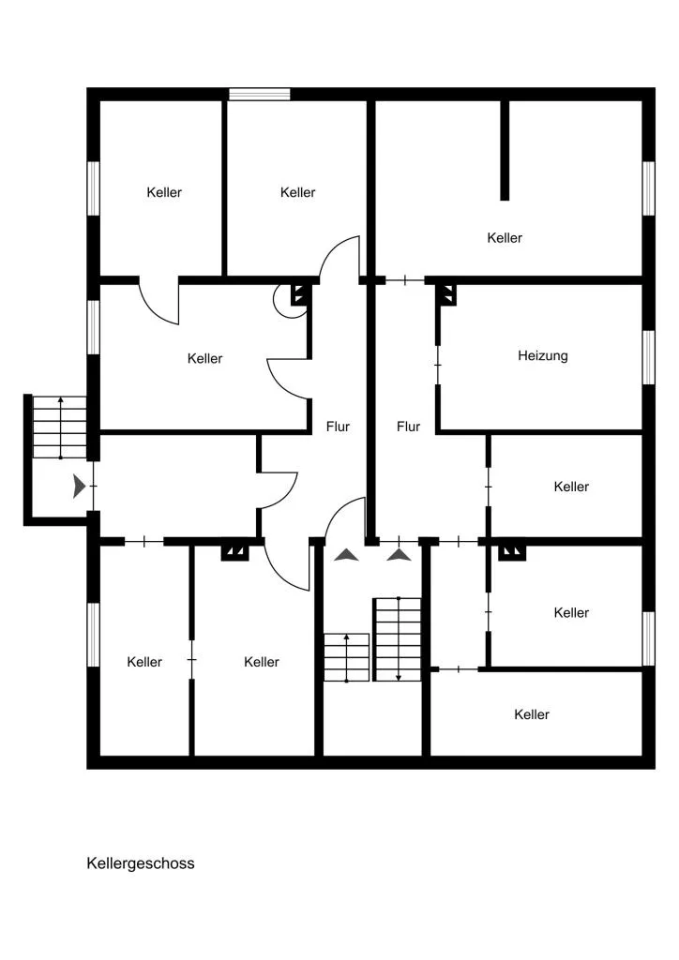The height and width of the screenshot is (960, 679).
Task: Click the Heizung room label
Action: tap(542, 355)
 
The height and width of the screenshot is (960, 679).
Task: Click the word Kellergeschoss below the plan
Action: tap(141, 863)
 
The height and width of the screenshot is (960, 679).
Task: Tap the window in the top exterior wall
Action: tap(259, 95)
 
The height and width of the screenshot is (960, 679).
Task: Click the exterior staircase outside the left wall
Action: tap(59, 427)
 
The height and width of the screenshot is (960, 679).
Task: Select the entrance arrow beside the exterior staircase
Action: tap(80, 486)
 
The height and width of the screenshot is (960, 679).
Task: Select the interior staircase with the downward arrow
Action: tap(398, 639)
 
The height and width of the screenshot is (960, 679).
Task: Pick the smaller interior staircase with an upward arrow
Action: tap(347, 657)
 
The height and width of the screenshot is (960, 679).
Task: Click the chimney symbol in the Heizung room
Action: tap(447, 295)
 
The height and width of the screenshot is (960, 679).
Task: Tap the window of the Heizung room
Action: tap(648, 357)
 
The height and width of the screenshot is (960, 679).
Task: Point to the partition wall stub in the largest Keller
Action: tap(505, 150)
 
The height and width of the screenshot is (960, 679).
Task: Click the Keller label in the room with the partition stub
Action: tap(505, 237)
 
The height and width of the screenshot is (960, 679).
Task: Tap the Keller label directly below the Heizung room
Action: tap(571, 487)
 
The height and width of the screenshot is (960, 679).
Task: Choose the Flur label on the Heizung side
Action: tap(408, 427)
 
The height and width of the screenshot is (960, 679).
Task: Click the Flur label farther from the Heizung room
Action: tap(338, 427)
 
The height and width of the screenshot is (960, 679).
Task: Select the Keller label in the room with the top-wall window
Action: tap(297, 192)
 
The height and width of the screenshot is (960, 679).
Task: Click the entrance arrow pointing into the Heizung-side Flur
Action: tap(400, 555)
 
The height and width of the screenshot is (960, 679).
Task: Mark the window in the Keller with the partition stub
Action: tap(648, 187)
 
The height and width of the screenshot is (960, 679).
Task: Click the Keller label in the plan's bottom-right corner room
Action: tap(532, 714)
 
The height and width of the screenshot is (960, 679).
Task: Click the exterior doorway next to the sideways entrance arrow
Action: tap(94, 486)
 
